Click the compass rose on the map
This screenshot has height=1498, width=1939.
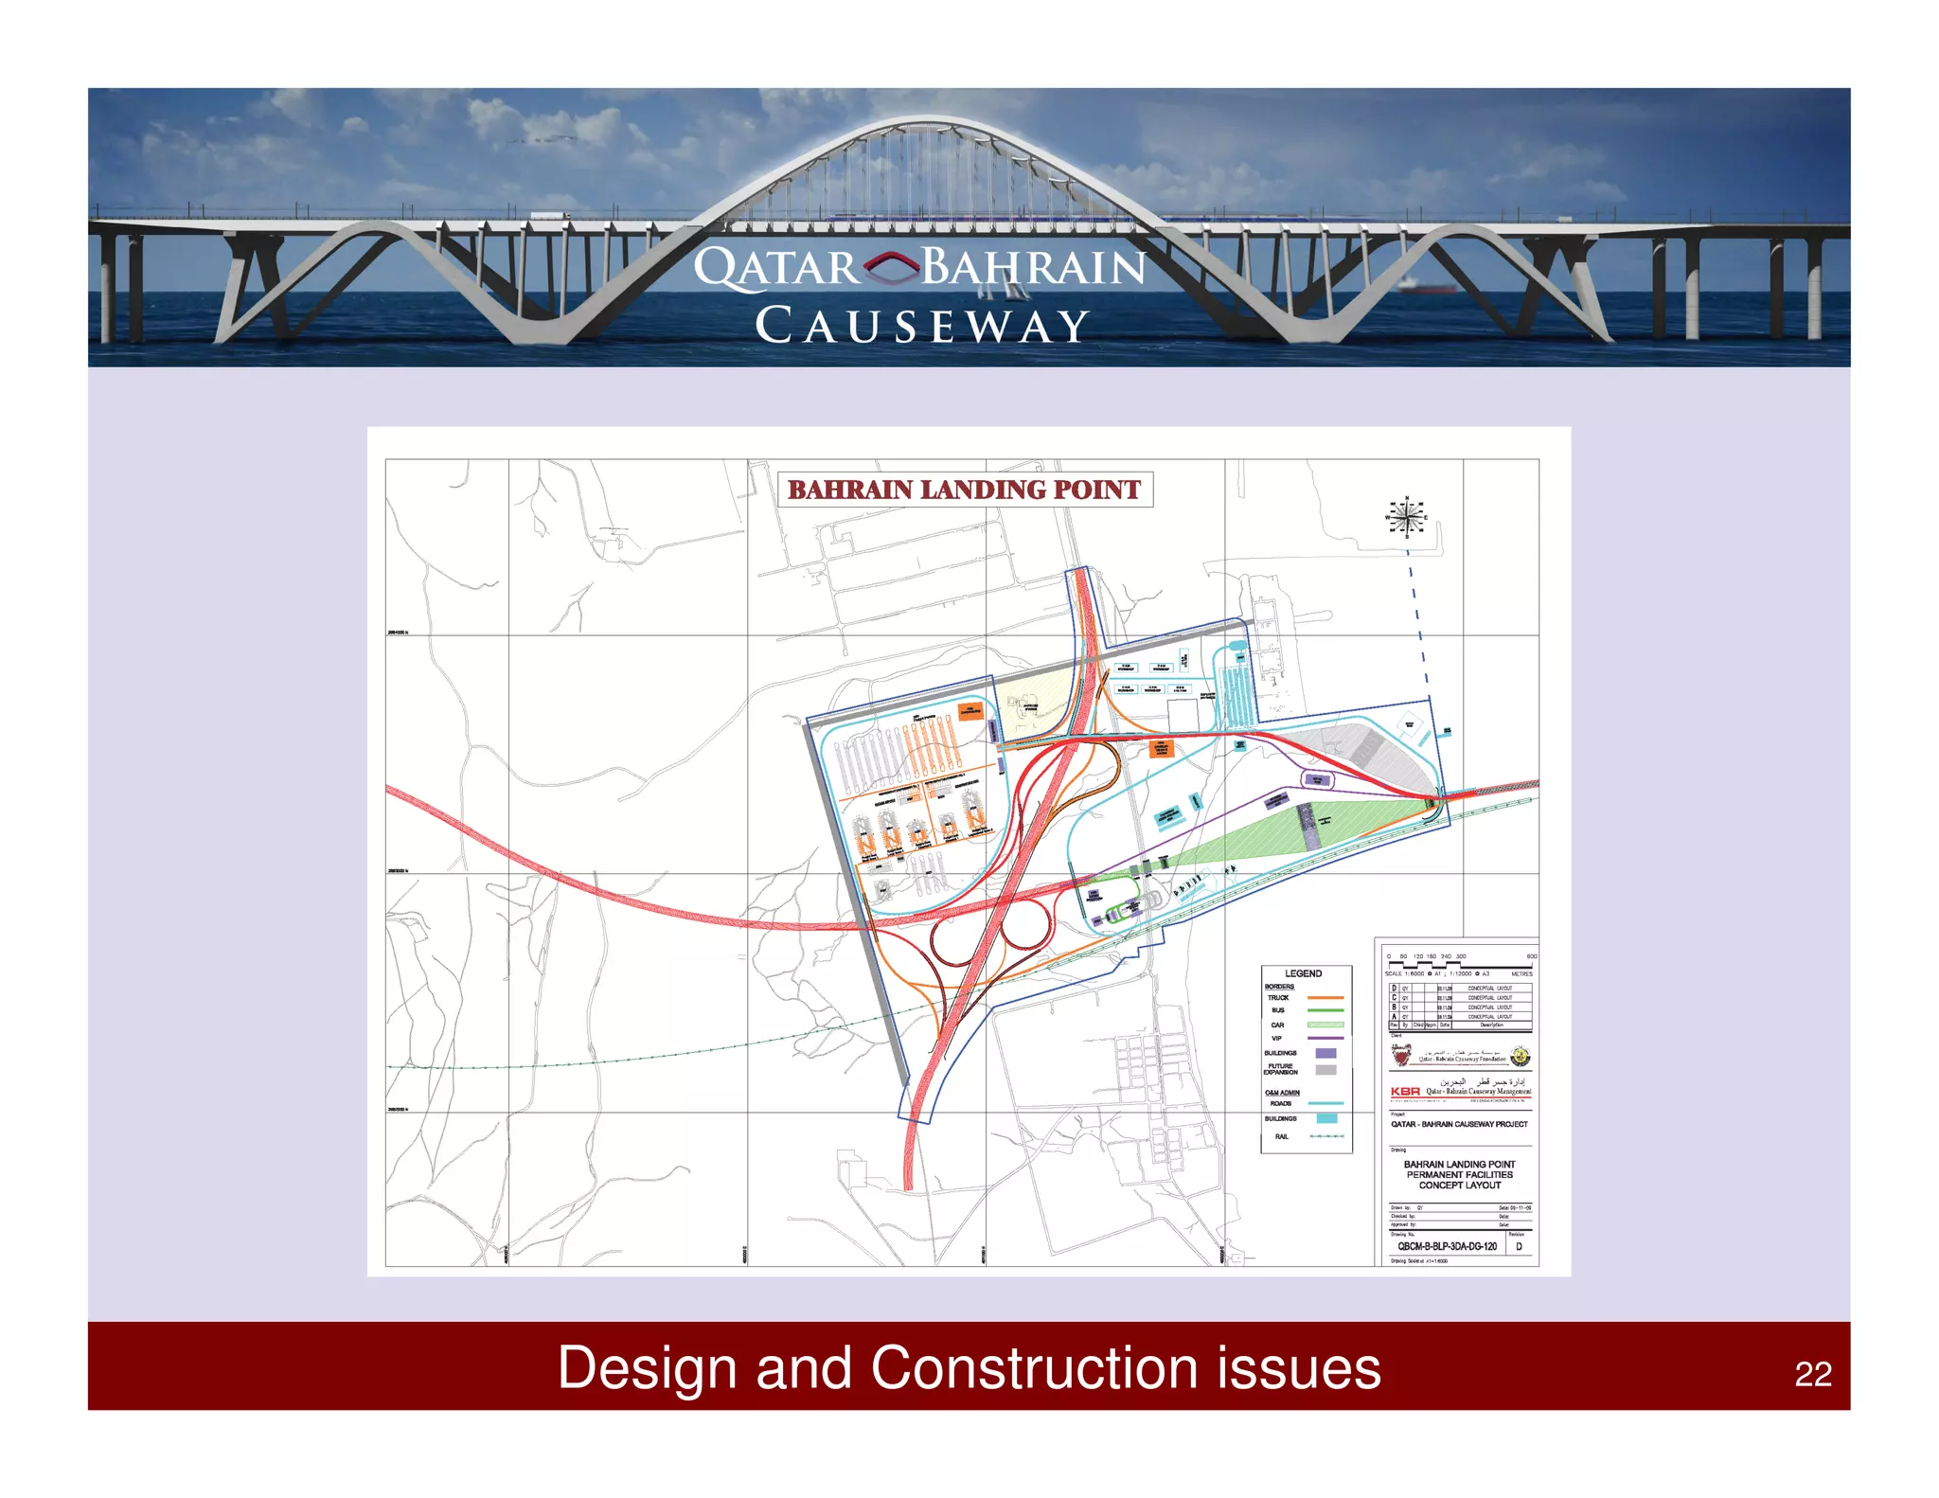coord(1407,517)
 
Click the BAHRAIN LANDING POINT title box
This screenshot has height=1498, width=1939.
coord(964,490)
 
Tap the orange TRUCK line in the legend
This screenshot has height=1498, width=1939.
coord(1325,998)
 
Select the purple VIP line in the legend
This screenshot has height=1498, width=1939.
coord(1325,1039)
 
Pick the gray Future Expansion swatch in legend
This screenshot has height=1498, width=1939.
coord(1325,1069)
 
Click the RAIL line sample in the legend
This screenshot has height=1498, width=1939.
coord(1325,1136)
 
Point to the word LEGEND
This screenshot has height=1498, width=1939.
coord(1303,973)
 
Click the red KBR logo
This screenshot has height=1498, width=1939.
coord(1405,1092)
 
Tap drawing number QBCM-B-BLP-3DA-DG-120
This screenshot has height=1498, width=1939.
coord(1447,1246)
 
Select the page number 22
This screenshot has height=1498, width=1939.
coord(1812,1374)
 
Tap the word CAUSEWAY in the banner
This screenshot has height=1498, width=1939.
coord(921,327)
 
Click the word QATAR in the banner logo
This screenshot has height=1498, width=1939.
coord(776,268)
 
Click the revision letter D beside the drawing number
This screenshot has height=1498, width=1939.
coord(1519,1246)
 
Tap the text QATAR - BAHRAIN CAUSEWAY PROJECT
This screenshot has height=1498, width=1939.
coord(1458,1124)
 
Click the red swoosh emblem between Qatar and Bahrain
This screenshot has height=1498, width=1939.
coord(890,267)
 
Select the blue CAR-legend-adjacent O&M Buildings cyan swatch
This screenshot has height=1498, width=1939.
coord(1326,1118)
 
